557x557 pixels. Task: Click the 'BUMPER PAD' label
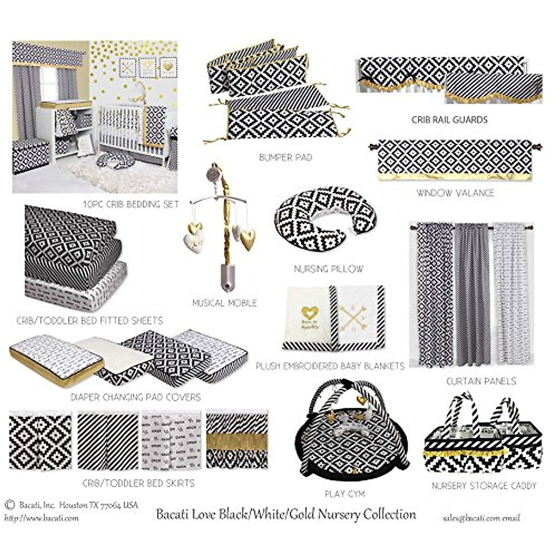point(285,158)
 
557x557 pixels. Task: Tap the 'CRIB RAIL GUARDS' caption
point(449,120)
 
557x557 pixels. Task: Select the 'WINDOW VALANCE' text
point(455,193)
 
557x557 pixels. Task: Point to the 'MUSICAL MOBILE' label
point(225,303)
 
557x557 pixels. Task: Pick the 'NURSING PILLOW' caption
point(329,269)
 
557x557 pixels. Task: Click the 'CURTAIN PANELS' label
point(481,382)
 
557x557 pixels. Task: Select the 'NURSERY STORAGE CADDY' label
point(484,486)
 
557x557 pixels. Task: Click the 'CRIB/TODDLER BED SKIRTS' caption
point(138,483)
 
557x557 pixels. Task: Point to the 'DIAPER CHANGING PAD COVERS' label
point(136,397)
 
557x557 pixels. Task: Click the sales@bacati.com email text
point(481,518)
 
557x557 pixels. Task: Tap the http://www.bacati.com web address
point(42,518)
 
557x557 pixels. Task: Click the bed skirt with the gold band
point(237,440)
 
